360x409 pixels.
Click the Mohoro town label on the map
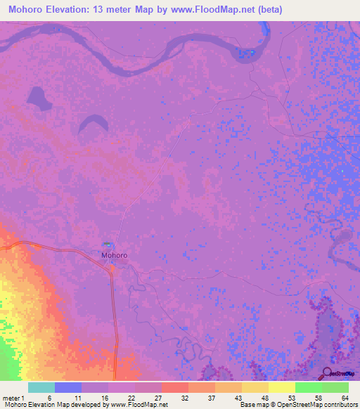(x=114, y=255)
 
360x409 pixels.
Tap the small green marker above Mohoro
(x=106, y=245)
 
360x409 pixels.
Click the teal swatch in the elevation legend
(x=41, y=387)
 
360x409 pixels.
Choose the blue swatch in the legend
(x=67, y=387)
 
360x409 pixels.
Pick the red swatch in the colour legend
(x=174, y=387)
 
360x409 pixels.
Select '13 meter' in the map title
(x=127, y=9)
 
